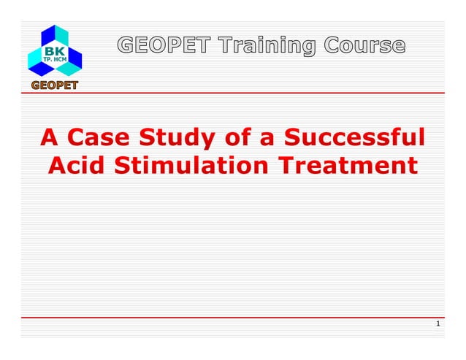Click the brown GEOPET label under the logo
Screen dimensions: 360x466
pyautogui.click(x=54, y=87)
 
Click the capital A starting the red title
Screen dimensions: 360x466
pyautogui.click(x=49, y=137)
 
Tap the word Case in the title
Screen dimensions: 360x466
pyautogui.click(x=97, y=137)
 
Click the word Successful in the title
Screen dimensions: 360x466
pyautogui.click(x=356, y=137)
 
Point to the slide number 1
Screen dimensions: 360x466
pyautogui.click(x=437, y=324)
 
